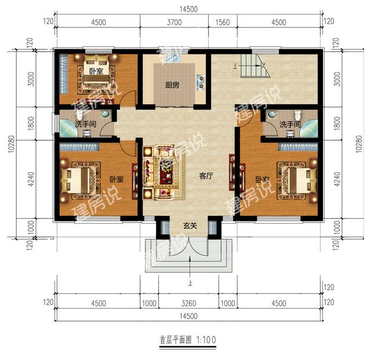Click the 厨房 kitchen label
pyautogui.click(x=172, y=85)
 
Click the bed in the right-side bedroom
pyautogui.click(x=297, y=180)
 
